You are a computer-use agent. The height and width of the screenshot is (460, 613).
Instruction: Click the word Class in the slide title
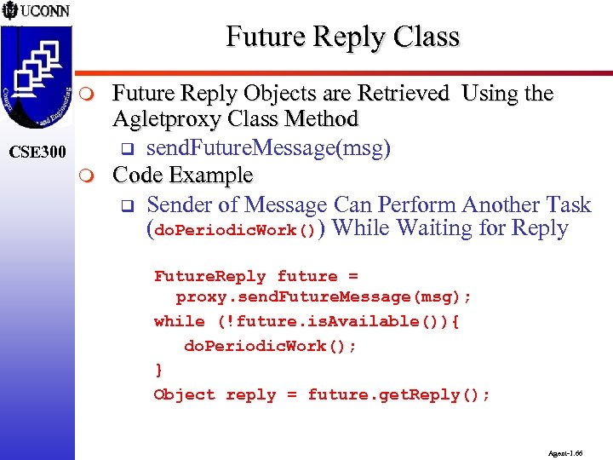[x=428, y=37]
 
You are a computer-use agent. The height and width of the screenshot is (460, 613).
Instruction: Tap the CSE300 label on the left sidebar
[x=37, y=153]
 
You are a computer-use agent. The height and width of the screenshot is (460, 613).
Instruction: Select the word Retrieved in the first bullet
[x=404, y=94]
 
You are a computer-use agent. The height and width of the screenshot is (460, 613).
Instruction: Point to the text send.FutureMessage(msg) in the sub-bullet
[x=268, y=149]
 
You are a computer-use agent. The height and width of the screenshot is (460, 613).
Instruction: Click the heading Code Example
[x=183, y=175]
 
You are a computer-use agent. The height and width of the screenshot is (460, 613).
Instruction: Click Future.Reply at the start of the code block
[x=209, y=276]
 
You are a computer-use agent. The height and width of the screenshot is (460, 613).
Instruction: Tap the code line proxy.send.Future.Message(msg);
[x=324, y=297]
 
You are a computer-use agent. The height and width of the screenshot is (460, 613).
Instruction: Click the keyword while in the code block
[x=179, y=321]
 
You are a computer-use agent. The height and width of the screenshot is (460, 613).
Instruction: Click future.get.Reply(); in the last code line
[x=398, y=394]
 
